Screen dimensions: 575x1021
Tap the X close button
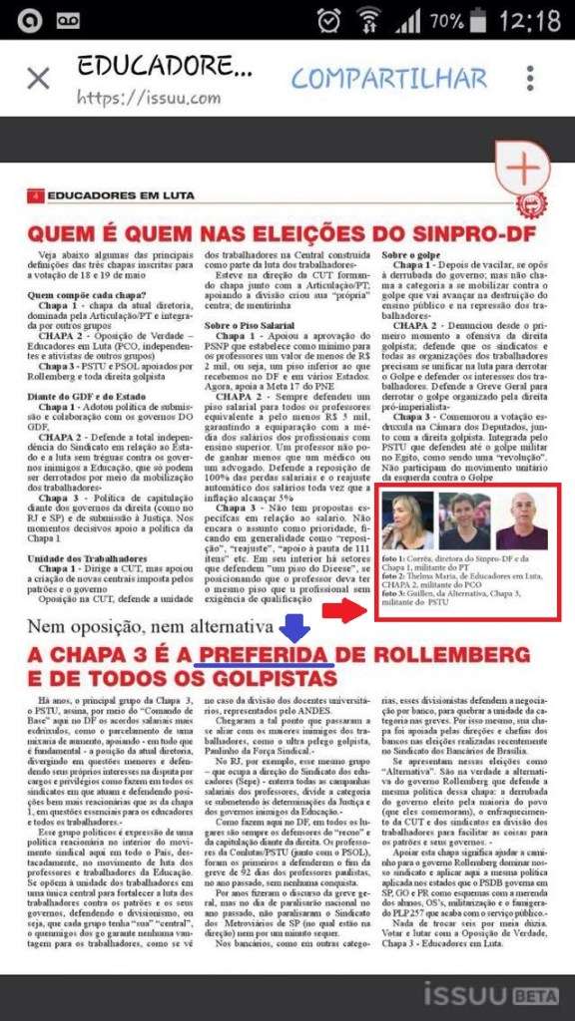(x=38, y=79)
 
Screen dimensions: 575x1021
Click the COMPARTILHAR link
(x=389, y=79)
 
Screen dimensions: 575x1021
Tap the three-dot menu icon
(x=529, y=79)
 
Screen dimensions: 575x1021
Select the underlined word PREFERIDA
(x=265, y=655)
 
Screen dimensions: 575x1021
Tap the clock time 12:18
(x=530, y=20)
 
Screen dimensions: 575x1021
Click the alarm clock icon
(x=328, y=20)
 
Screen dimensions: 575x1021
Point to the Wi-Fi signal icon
(x=370, y=20)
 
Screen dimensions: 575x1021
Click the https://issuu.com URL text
(x=148, y=99)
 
